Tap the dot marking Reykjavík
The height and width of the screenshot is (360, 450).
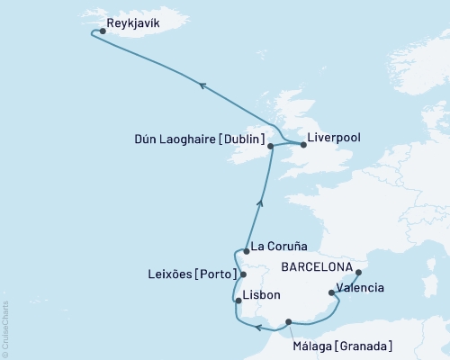pyautogui.click(x=103, y=31)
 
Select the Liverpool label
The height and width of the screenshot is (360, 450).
pyautogui.click(x=335, y=139)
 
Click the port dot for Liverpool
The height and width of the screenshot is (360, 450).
pyautogui.click(x=301, y=142)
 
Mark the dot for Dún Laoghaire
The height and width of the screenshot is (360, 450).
pyautogui.click(x=270, y=145)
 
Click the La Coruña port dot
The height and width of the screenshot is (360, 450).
pyautogui.click(x=246, y=252)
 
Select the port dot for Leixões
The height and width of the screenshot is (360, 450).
pyautogui.click(x=243, y=274)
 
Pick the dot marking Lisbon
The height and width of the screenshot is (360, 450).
pyautogui.click(x=238, y=301)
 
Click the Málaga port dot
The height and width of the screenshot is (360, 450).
pyautogui.click(x=288, y=321)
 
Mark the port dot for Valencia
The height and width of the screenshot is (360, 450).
pyautogui.click(x=332, y=292)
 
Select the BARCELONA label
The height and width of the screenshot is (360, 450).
pyautogui.click(x=317, y=267)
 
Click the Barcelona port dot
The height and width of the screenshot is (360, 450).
pyautogui.click(x=358, y=272)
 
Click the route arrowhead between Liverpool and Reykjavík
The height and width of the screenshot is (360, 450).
pyautogui.click(x=203, y=85)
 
